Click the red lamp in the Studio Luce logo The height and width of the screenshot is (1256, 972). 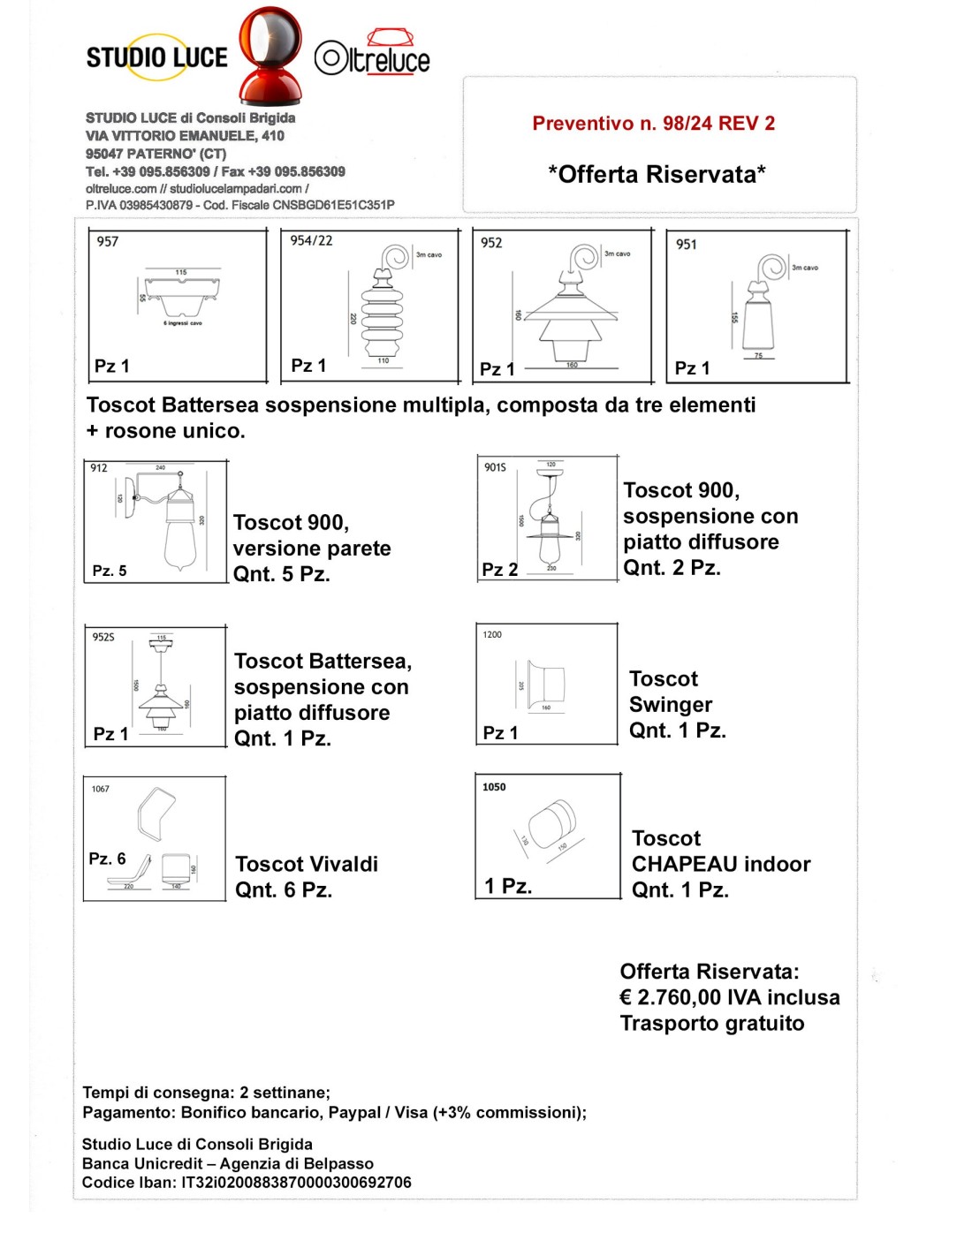tap(270, 55)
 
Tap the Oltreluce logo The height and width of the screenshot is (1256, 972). tap(372, 56)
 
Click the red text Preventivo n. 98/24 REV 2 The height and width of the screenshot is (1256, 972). tap(653, 124)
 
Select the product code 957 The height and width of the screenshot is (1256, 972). tap(108, 241)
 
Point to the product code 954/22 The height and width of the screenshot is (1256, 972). tap(311, 240)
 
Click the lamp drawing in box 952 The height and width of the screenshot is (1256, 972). tap(570, 309)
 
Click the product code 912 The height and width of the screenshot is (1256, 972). tap(99, 468)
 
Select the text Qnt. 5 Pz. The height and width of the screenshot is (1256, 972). tap(281, 574)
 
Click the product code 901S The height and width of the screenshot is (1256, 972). tap(495, 467)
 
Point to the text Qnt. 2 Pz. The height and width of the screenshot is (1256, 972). tap(672, 568)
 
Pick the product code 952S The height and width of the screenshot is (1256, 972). tap(103, 637)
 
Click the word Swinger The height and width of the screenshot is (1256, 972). tap(670, 705)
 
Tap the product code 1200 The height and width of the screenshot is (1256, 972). tap(492, 634)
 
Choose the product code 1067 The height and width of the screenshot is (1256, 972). tap(101, 789)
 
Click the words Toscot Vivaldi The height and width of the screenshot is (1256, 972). tap(307, 864)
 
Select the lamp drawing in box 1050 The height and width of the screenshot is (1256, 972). tap(553, 826)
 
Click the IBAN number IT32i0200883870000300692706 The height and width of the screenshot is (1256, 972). tap(296, 1183)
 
